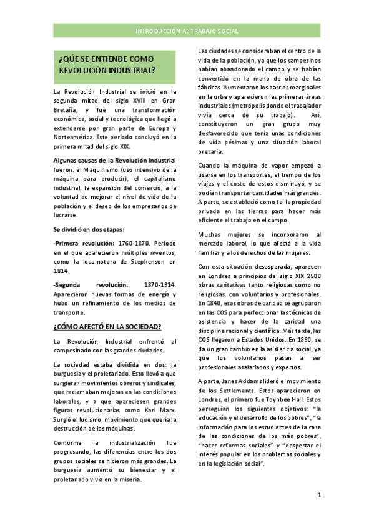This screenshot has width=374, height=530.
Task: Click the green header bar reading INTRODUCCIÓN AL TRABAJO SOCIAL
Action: (187, 31)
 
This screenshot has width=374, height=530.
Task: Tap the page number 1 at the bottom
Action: (319, 495)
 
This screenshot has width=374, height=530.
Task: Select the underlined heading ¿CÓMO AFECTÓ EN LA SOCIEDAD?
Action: (108, 326)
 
